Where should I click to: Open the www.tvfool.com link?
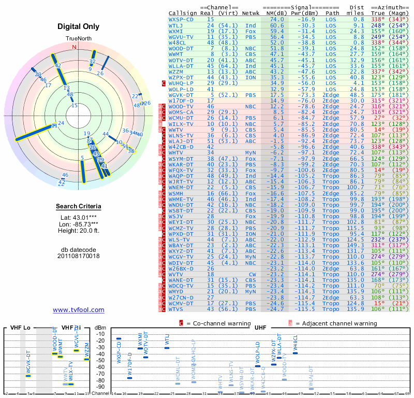click(x=79, y=310)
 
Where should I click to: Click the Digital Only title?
click(x=79, y=26)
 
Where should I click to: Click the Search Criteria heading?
click(x=79, y=207)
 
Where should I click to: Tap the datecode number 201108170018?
click(x=79, y=255)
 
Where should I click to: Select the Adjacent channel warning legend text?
click(x=336, y=323)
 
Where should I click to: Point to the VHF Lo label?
click(x=20, y=328)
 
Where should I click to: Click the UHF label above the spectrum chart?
click(x=261, y=328)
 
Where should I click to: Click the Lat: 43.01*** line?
click(x=79, y=217)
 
